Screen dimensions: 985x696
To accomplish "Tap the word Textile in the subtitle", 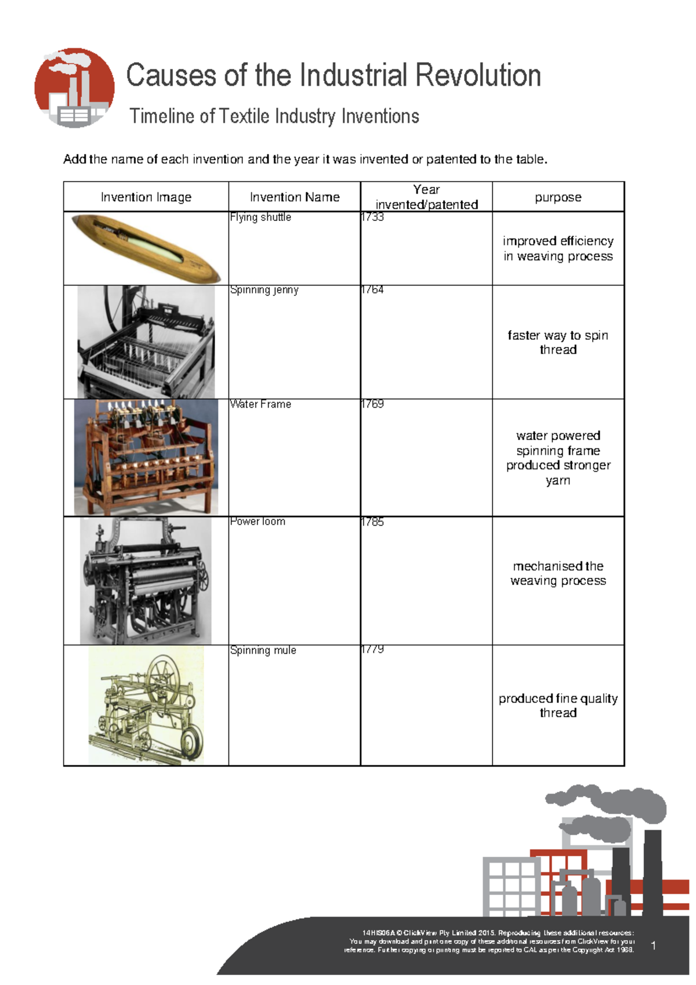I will click(244, 117).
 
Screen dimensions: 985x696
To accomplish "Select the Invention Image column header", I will click(146, 197).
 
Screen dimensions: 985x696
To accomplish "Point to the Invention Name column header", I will click(295, 197).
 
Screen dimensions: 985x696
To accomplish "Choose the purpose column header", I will click(558, 197).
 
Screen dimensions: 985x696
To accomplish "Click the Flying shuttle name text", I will click(260, 218).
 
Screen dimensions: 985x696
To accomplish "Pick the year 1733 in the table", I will click(372, 218).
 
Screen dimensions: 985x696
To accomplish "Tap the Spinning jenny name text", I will click(264, 290).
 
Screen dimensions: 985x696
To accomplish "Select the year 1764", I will click(372, 290).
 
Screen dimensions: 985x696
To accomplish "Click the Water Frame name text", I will click(260, 404).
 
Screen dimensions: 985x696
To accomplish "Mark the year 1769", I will click(372, 404).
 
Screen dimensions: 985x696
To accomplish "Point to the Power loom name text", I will click(258, 522).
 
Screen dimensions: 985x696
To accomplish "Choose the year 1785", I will click(372, 522).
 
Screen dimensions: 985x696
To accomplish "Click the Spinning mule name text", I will click(263, 650).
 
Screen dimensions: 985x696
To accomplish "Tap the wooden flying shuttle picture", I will click(146, 248).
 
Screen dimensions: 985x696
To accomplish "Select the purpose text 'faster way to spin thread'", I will click(558, 342).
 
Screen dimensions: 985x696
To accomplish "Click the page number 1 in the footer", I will click(654, 946).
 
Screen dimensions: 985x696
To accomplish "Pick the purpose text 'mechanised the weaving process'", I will click(558, 573).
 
